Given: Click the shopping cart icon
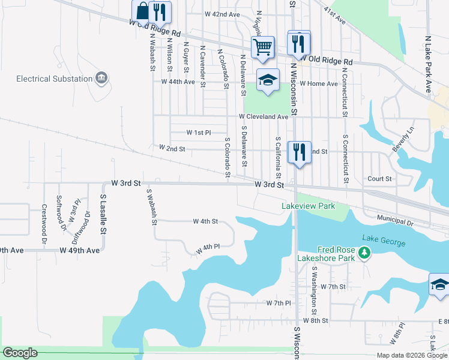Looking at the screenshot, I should [x=263, y=46].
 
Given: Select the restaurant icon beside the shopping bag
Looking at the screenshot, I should [x=160, y=11].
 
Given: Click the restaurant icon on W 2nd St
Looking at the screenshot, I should [x=298, y=150].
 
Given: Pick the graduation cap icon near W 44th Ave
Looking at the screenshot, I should [x=268, y=80].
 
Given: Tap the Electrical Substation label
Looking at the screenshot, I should [x=54, y=79].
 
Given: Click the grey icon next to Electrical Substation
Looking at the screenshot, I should [x=101, y=78].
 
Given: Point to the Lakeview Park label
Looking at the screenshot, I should [x=307, y=206].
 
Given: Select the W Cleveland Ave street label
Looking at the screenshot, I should [x=264, y=116].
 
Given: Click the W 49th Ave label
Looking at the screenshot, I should [x=79, y=250].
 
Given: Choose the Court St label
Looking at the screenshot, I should [x=379, y=179].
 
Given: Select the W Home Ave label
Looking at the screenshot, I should [x=319, y=84].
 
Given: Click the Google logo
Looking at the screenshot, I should [x=20, y=353].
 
